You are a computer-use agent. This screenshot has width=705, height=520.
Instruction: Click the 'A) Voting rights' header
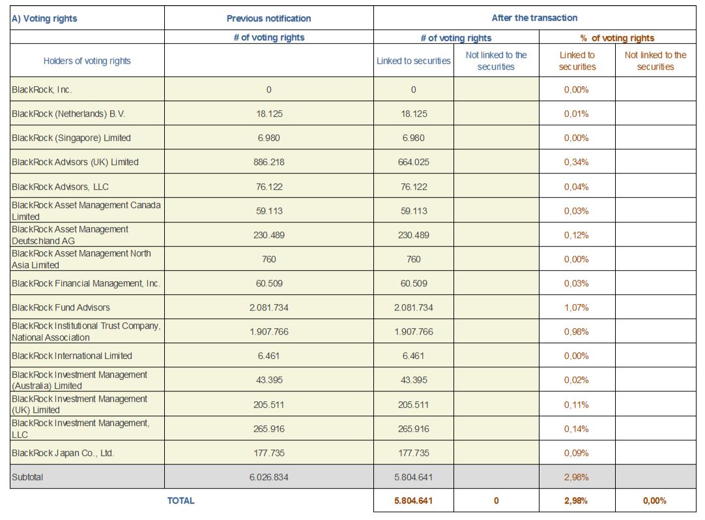click(44, 18)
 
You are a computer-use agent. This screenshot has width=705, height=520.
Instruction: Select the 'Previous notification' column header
click(268, 18)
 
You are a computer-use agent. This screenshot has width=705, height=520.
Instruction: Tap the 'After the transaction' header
click(534, 18)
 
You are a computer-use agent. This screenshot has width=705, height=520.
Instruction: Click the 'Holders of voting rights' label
click(87, 61)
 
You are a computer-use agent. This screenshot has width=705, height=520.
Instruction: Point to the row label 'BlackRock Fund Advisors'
click(61, 307)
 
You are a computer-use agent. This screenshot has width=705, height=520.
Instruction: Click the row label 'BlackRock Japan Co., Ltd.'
click(63, 453)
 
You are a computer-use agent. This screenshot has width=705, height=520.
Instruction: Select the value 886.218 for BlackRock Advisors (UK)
click(268, 162)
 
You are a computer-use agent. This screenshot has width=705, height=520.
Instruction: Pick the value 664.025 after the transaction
click(413, 162)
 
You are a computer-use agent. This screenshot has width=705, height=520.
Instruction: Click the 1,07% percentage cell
click(576, 307)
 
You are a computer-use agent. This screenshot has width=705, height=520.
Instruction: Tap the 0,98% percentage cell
click(576, 331)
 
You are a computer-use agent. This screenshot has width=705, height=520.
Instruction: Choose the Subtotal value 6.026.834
click(268, 477)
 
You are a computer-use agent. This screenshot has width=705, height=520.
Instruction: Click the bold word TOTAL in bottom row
click(180, 500)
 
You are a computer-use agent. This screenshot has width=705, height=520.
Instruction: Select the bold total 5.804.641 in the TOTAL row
click(413, 501)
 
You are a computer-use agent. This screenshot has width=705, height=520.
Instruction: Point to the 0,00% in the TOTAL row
click(654, 501)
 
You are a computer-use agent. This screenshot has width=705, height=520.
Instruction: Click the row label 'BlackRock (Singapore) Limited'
click(71, 138)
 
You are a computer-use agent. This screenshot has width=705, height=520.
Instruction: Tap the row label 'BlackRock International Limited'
click(72, 356)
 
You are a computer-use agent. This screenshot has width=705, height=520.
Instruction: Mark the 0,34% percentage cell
click(576, 162)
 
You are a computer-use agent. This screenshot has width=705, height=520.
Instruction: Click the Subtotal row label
click(27, 477)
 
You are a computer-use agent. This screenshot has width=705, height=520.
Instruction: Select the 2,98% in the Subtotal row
click(576, 477)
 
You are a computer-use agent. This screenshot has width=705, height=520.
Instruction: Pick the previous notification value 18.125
click(268, 114)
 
